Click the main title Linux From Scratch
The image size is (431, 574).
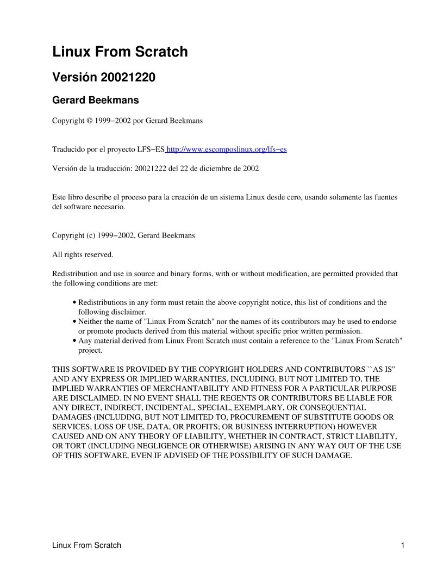tap(120, 52)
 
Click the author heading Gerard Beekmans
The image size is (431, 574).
tap(95, 101)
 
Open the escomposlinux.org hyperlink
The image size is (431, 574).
tap(227, 149)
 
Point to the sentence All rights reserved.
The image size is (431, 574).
tap(83, 254)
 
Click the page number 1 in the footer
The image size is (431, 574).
tap(402, 545)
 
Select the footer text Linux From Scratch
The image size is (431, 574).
tap(86, 545)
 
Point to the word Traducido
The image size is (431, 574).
tap(68, 149)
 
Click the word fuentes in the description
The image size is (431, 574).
tap(384, 197)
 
